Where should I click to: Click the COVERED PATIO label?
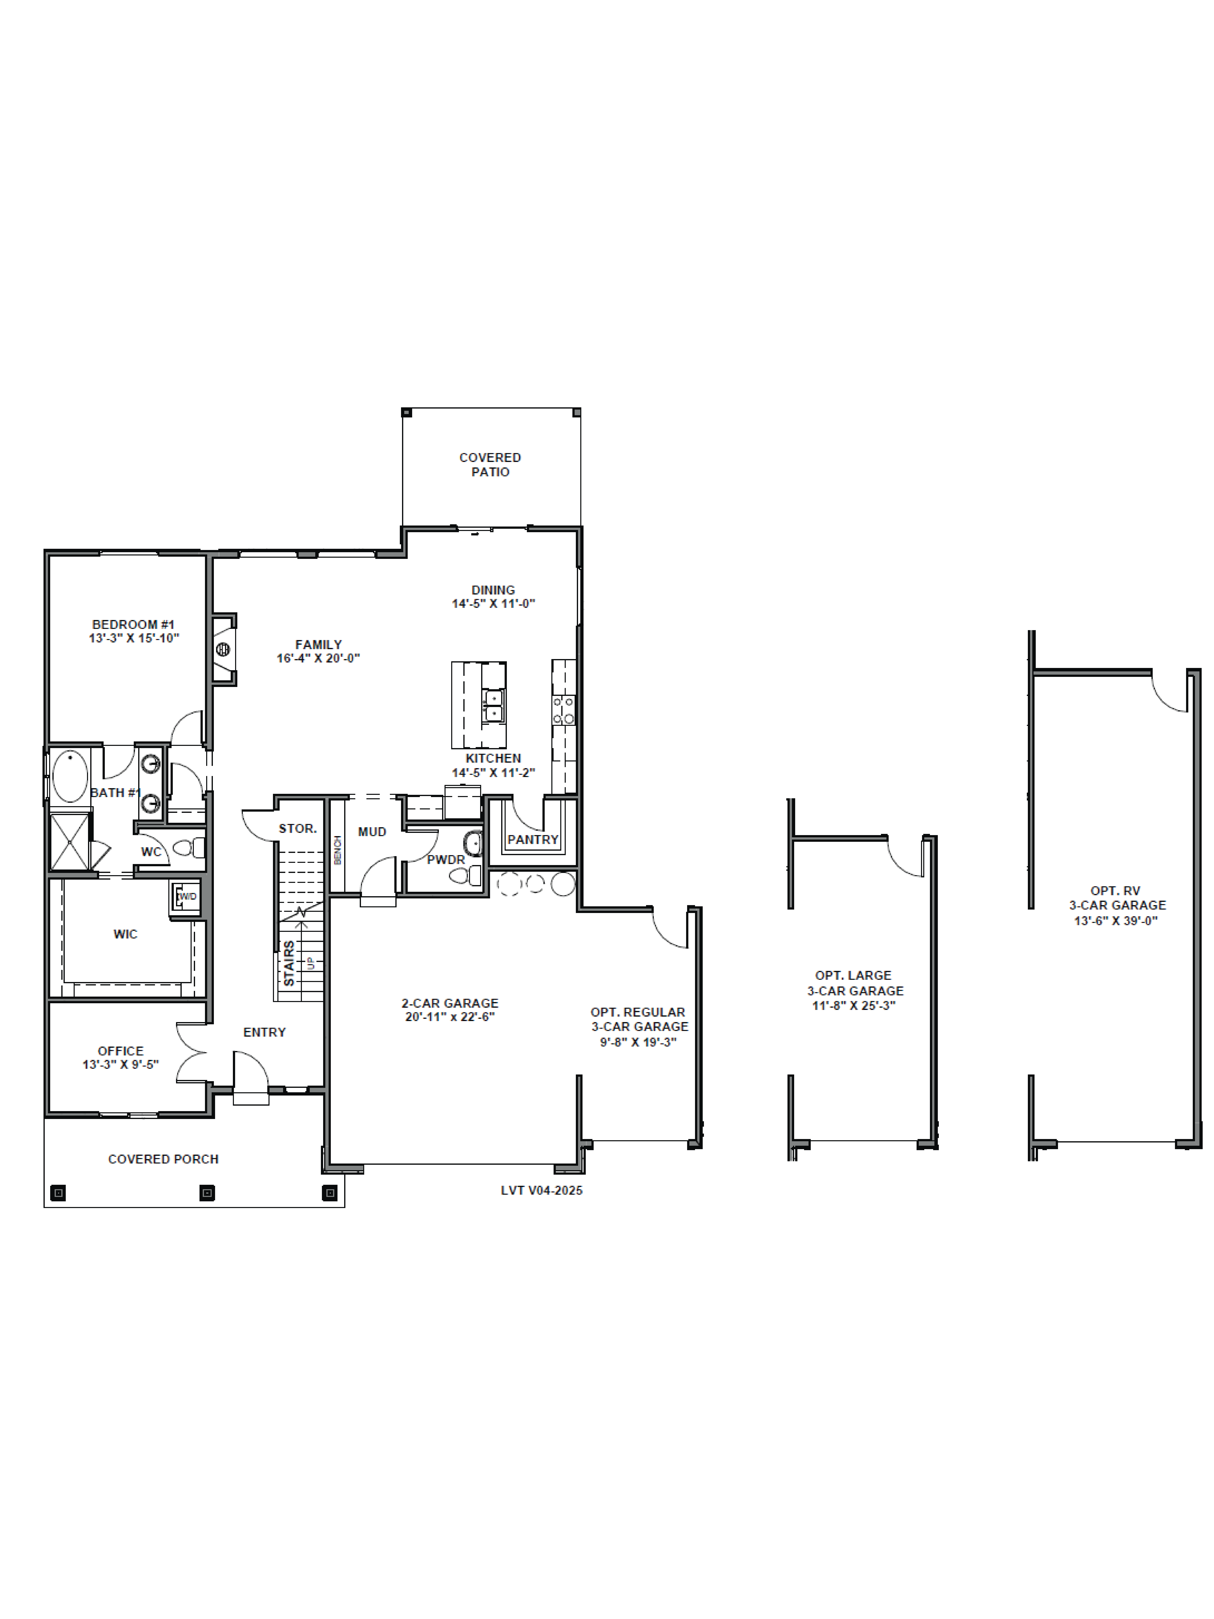click(490, 464)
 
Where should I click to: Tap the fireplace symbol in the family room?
click(223, 649)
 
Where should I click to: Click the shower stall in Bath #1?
click(70, 842)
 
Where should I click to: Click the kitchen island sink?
click(493, 704)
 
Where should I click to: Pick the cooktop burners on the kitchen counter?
click(563, 710)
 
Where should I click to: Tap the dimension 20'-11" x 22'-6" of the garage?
click(449, 1017)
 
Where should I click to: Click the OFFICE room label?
click(121, 1050)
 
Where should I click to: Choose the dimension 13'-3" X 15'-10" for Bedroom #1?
click(134, 637)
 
